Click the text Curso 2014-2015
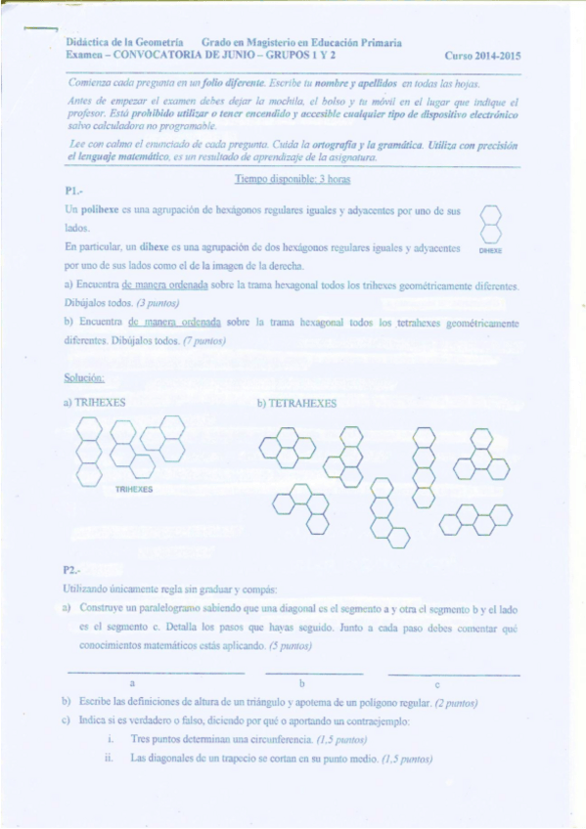[x=482, y=57]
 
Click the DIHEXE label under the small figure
[x=490, y=250]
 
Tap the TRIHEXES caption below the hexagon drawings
[x=133, y=488]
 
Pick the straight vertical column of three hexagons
[x=90, y=451]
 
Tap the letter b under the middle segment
[x=302, y=682]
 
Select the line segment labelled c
[x=453, y=673]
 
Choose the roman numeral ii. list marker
[x=111, y=758]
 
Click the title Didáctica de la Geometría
[x=124, y=44]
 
